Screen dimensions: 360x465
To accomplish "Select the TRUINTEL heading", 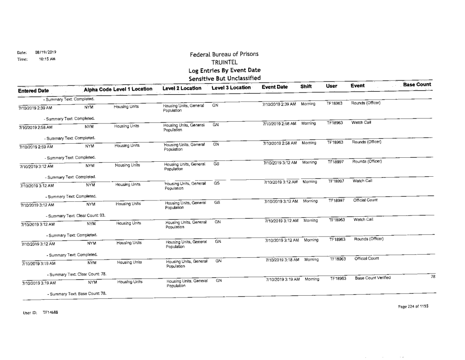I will (x=224, y=62).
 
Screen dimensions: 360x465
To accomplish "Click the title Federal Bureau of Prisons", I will (x=224, y=54).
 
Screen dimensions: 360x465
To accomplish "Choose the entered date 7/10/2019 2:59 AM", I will (x=35, y=147).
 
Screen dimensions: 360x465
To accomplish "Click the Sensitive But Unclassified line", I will (x=224, y=78).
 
